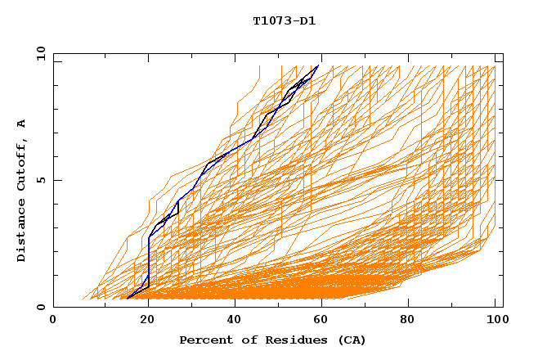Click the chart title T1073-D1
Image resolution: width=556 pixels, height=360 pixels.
click(x=284, y=20)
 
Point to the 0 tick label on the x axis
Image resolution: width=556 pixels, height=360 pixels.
click(x=53, y=320)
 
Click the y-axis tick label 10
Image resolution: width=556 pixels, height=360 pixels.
click(x=39, y=54)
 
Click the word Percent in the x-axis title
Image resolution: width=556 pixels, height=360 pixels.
click(x=204, y=340)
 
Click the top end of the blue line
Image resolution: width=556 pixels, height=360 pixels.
click(x=318, y=65)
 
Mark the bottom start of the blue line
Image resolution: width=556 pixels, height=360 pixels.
click(x=128, y=299)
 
